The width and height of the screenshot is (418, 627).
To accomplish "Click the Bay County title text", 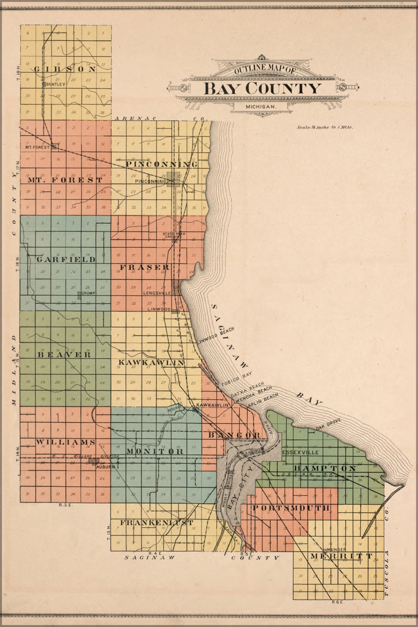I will [x=262, y=88].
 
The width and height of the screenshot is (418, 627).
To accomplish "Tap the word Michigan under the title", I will [x=261, y=106].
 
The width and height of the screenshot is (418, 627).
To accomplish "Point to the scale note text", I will [x=324, y=128].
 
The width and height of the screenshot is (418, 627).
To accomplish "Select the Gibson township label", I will [x=65, y=69].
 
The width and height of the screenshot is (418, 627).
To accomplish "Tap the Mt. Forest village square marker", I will [x=54, y=146].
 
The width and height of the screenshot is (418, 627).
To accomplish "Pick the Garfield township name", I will [x=66, y=259].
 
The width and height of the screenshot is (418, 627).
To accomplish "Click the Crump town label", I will [x=88, y=294].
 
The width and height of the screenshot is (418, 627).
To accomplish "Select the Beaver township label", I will [x=64, y=355].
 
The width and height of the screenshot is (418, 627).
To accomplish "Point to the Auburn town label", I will [x=106, y=467].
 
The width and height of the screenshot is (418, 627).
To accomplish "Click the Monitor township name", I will [x=155, y=451].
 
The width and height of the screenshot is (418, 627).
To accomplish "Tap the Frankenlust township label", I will [x=156, y=522].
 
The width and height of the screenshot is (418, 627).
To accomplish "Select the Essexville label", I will [x=300, y=452].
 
